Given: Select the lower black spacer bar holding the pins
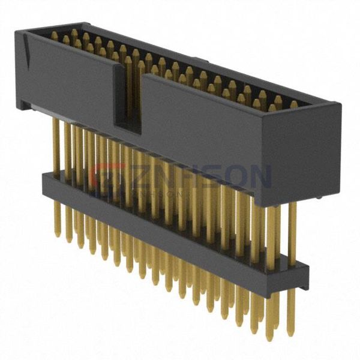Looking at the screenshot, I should [x=174, y=228].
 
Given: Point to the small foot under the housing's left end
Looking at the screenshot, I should [x=25, y=106].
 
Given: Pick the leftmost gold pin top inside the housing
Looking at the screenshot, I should [x=55, y=35].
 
